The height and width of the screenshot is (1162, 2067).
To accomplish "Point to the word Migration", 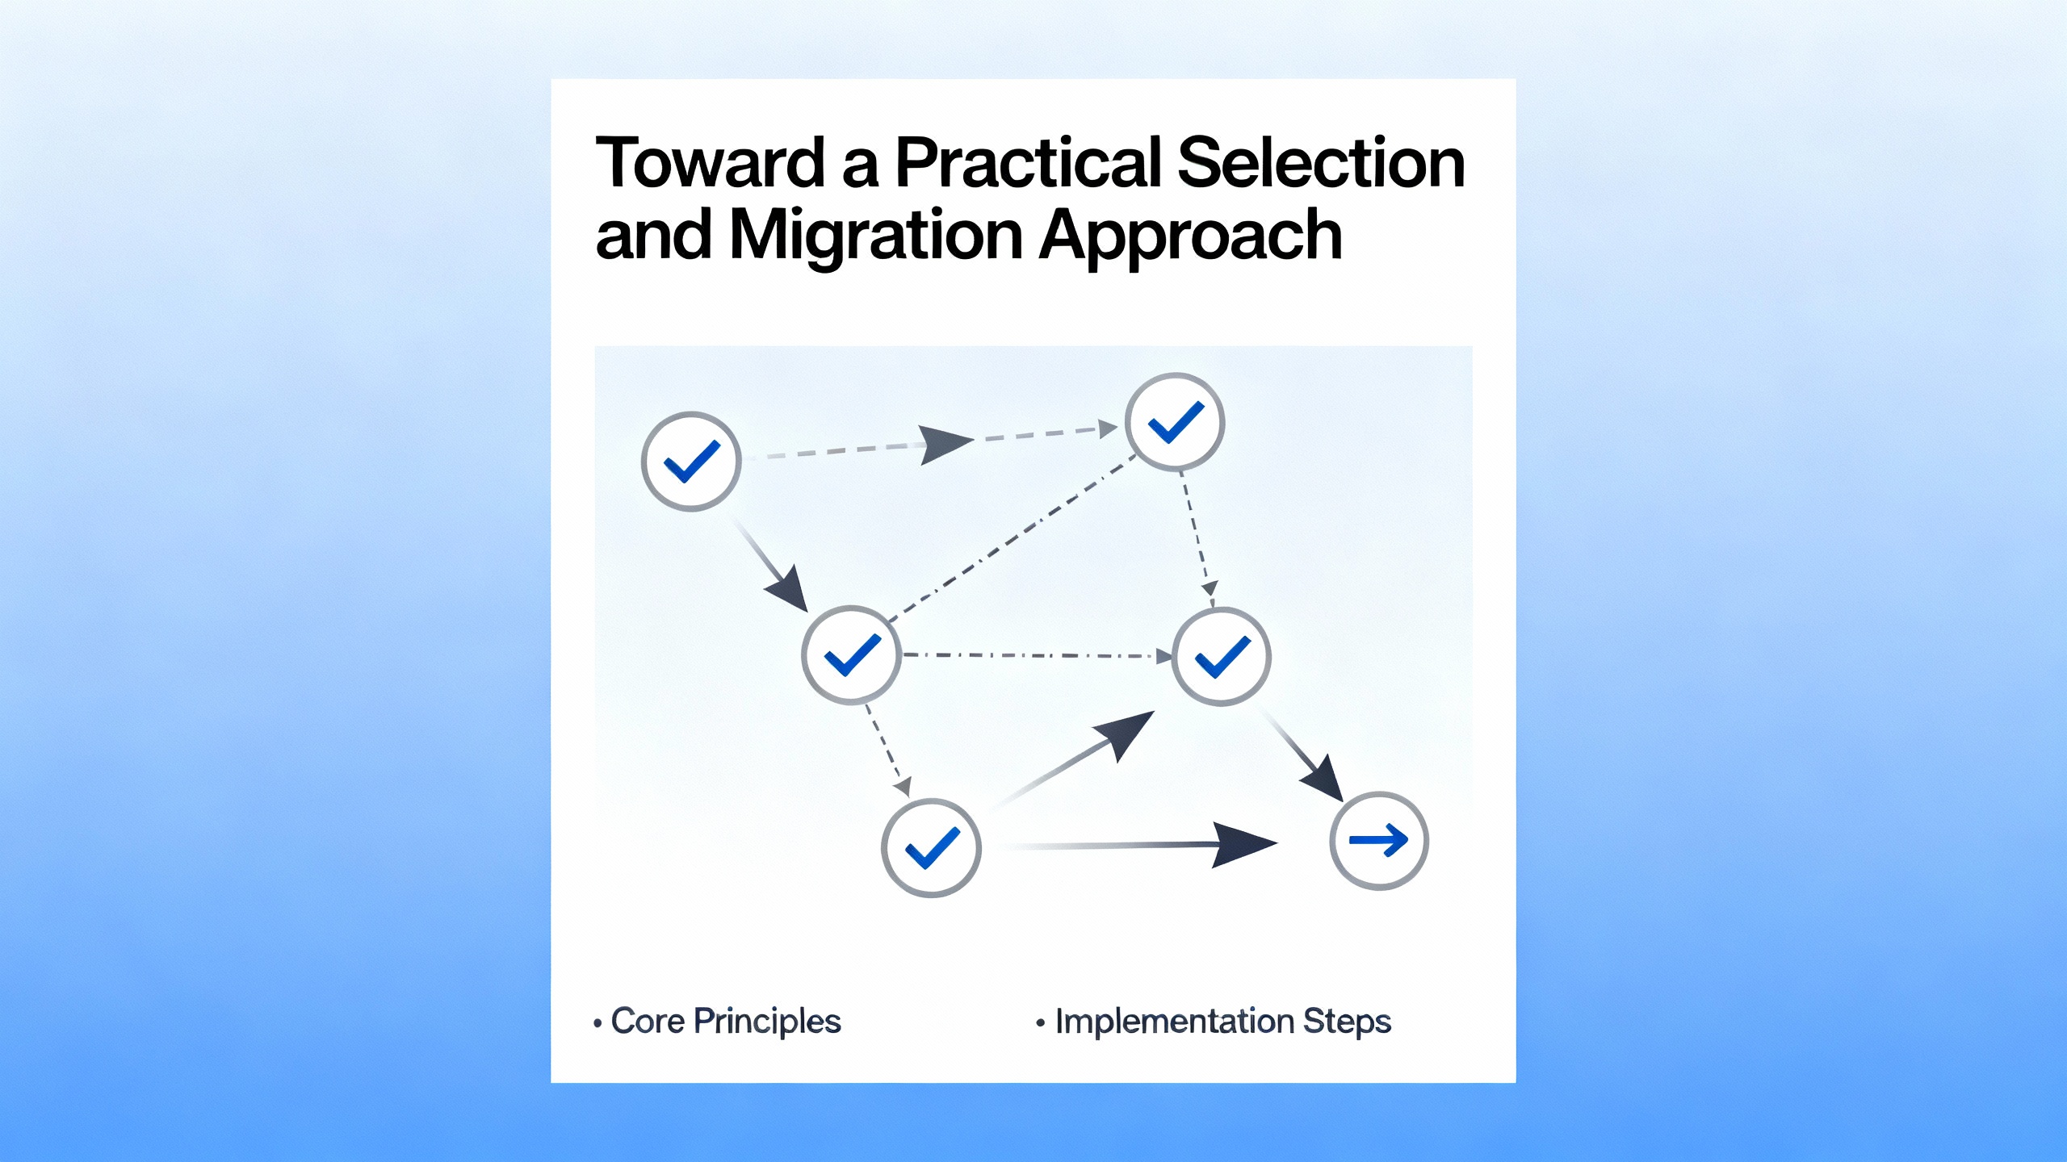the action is pyautogui.click(x=876, y=236).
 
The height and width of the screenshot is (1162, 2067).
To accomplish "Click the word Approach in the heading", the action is pyautogui.click(x=1190, y=236).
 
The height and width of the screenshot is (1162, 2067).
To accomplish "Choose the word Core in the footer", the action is pyautogui.click(x=648, y=1021).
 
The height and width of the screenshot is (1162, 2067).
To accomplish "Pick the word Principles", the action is pyautogui.click(x=767, y=1022).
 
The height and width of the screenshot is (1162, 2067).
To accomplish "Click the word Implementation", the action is pyautogui.click(x=1175, y=1022).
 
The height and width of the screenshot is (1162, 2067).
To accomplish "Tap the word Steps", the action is pyautogui.click(x=1347, y=1022).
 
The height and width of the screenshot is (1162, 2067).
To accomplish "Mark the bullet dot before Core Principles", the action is pyautogui.click(x=597, y=1023).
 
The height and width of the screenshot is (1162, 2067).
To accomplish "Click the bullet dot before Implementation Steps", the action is pyautogui.click(x=1041, y=1023).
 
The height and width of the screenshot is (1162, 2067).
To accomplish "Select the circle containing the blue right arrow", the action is pyautogui.click(x=1379, y=841).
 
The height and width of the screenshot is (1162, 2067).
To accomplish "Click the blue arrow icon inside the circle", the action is pyautogui.click(x=1379, y=840).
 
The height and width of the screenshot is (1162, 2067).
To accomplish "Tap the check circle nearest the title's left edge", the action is pyautogui.click(x=691, y=462).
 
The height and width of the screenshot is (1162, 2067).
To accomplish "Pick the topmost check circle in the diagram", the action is pyautogui.click(x=1175, y=422).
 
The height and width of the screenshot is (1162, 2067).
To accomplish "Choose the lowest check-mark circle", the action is pyautogui.click(x=931, y=848).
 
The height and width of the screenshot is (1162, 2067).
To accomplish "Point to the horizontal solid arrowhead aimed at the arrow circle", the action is pyautogui.click(x=1244, y=845).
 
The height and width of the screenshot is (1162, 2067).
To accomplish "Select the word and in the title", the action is pyautogui.click(x=653, y=236).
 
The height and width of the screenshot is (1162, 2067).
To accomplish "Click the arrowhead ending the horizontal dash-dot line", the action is pyautogui.click(x=1164, y=657).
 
